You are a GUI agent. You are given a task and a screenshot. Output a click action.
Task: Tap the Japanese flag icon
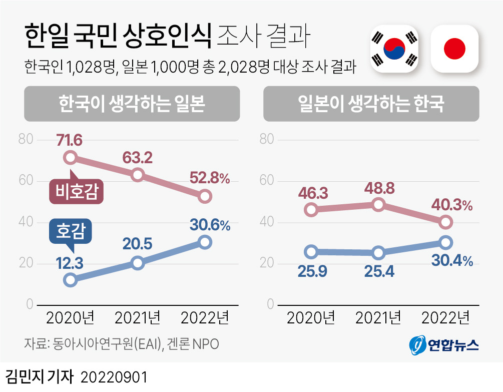coord(454,49)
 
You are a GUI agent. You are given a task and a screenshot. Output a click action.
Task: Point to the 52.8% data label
coord(209,178)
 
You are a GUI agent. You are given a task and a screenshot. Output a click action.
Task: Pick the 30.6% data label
coord(210,225)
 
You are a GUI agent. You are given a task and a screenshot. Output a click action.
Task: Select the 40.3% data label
coord(452,205)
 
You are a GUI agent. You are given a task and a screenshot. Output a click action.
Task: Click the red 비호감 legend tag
coord(77,192)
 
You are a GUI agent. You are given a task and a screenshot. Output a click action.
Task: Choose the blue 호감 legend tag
coord(71,231)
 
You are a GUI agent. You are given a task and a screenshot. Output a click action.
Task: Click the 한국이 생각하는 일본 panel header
coord(132,104)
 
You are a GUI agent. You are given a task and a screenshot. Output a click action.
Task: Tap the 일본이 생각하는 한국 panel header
coord(371,104)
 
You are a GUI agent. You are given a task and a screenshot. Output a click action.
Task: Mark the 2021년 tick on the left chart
coord(138,317)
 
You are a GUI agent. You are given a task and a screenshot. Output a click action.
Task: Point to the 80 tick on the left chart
coord(26,139)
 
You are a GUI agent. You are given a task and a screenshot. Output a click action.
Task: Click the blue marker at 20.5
coord(138,263)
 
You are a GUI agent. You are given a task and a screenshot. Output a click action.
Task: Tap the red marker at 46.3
coord(311,209)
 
